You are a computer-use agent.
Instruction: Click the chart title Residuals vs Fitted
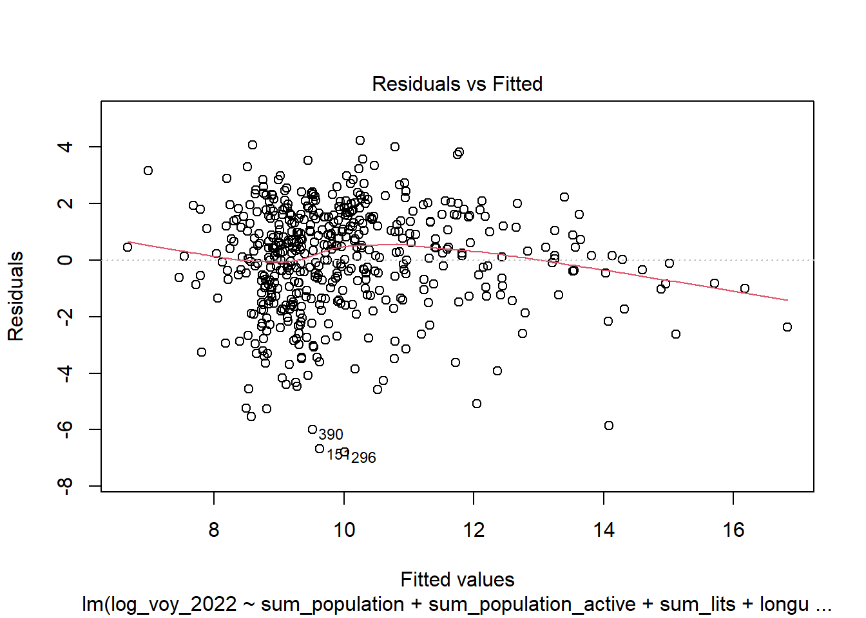[x=457, y=84]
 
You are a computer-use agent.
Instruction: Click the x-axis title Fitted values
[x=457, y=579]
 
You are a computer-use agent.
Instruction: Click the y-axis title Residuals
[x=15, y=296]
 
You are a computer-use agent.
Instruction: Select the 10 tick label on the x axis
[x=344, y=530]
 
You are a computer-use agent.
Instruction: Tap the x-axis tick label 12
[x=474, y=530]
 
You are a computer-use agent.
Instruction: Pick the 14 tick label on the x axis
[x=604, y=530]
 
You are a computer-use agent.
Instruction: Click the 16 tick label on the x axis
[x=733, y=530]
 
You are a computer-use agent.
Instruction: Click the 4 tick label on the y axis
[x=65, y=147]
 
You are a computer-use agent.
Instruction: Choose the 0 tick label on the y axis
[x=65, y=260]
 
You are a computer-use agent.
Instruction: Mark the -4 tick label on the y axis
[x=65, y=373]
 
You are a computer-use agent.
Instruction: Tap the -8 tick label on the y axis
[x=65, y=486]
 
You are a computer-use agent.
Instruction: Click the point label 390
[x=331, y=435]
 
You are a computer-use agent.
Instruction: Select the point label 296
[x=363, y=458]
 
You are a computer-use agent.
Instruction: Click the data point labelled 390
[x=313, y=429]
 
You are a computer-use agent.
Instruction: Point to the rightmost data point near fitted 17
[x=787, y=327]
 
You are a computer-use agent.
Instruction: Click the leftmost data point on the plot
[x=128, y=247]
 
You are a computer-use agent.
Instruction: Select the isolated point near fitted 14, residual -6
[x=609, y=426]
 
